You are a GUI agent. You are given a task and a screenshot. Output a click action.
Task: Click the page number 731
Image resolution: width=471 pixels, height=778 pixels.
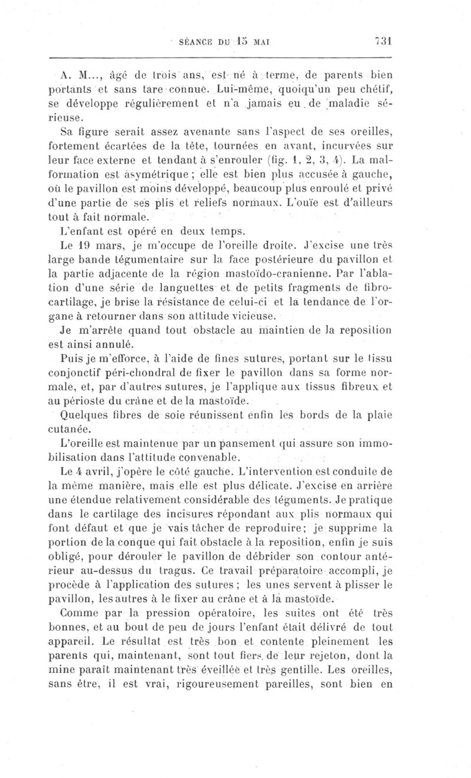click(x=383, y=41)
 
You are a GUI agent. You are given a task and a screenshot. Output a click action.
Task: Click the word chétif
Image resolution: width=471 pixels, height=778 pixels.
click(x=376, y=90)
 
